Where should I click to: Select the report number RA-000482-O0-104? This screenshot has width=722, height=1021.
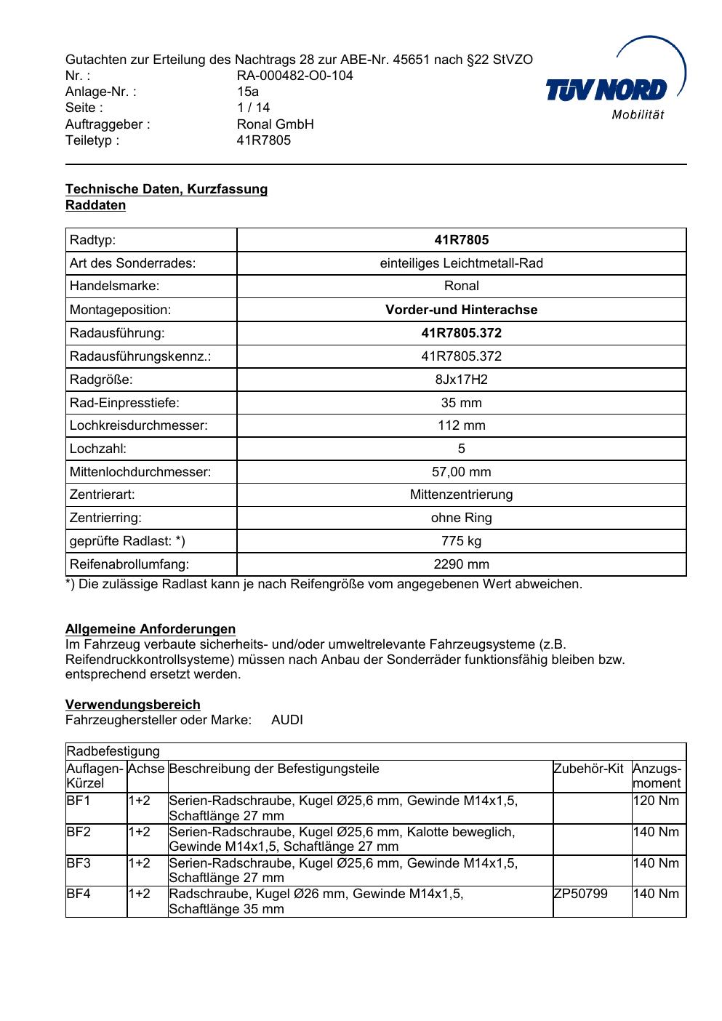tap(294, 76)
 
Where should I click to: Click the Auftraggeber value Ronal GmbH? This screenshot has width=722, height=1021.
tap(275, 124)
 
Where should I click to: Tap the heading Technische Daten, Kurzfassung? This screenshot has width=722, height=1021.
tap(167, 189)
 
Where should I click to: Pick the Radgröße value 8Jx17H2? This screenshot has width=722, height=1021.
tap(461, 380)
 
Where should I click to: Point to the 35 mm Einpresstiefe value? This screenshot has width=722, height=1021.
tap(461, 403)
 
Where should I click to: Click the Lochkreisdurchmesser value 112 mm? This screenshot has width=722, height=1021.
tap(461, 425)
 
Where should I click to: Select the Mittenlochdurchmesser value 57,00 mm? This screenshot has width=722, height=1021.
tap(461, 472)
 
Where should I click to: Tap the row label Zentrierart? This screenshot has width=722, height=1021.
tap(102, 495)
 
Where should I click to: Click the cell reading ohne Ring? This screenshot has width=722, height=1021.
tap(461, 518)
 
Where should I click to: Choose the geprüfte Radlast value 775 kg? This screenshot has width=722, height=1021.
tap(461, 541)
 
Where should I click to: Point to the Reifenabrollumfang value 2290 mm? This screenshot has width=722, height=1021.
tap(461, 564)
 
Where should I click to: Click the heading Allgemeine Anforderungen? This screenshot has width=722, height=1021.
tap(151, 629)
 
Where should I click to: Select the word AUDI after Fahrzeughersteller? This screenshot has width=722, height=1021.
tap(287, 720)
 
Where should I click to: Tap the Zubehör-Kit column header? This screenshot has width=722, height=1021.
tap(588, 769)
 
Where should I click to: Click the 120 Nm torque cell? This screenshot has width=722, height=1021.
tap(656, 801)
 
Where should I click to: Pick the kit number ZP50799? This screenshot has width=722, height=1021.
tap(581, 894)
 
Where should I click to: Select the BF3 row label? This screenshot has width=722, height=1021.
tap(79, 863)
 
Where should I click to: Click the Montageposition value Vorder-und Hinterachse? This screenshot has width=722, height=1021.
tap(461, 310)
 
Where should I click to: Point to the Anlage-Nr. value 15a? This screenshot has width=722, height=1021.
tap(248, 92)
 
